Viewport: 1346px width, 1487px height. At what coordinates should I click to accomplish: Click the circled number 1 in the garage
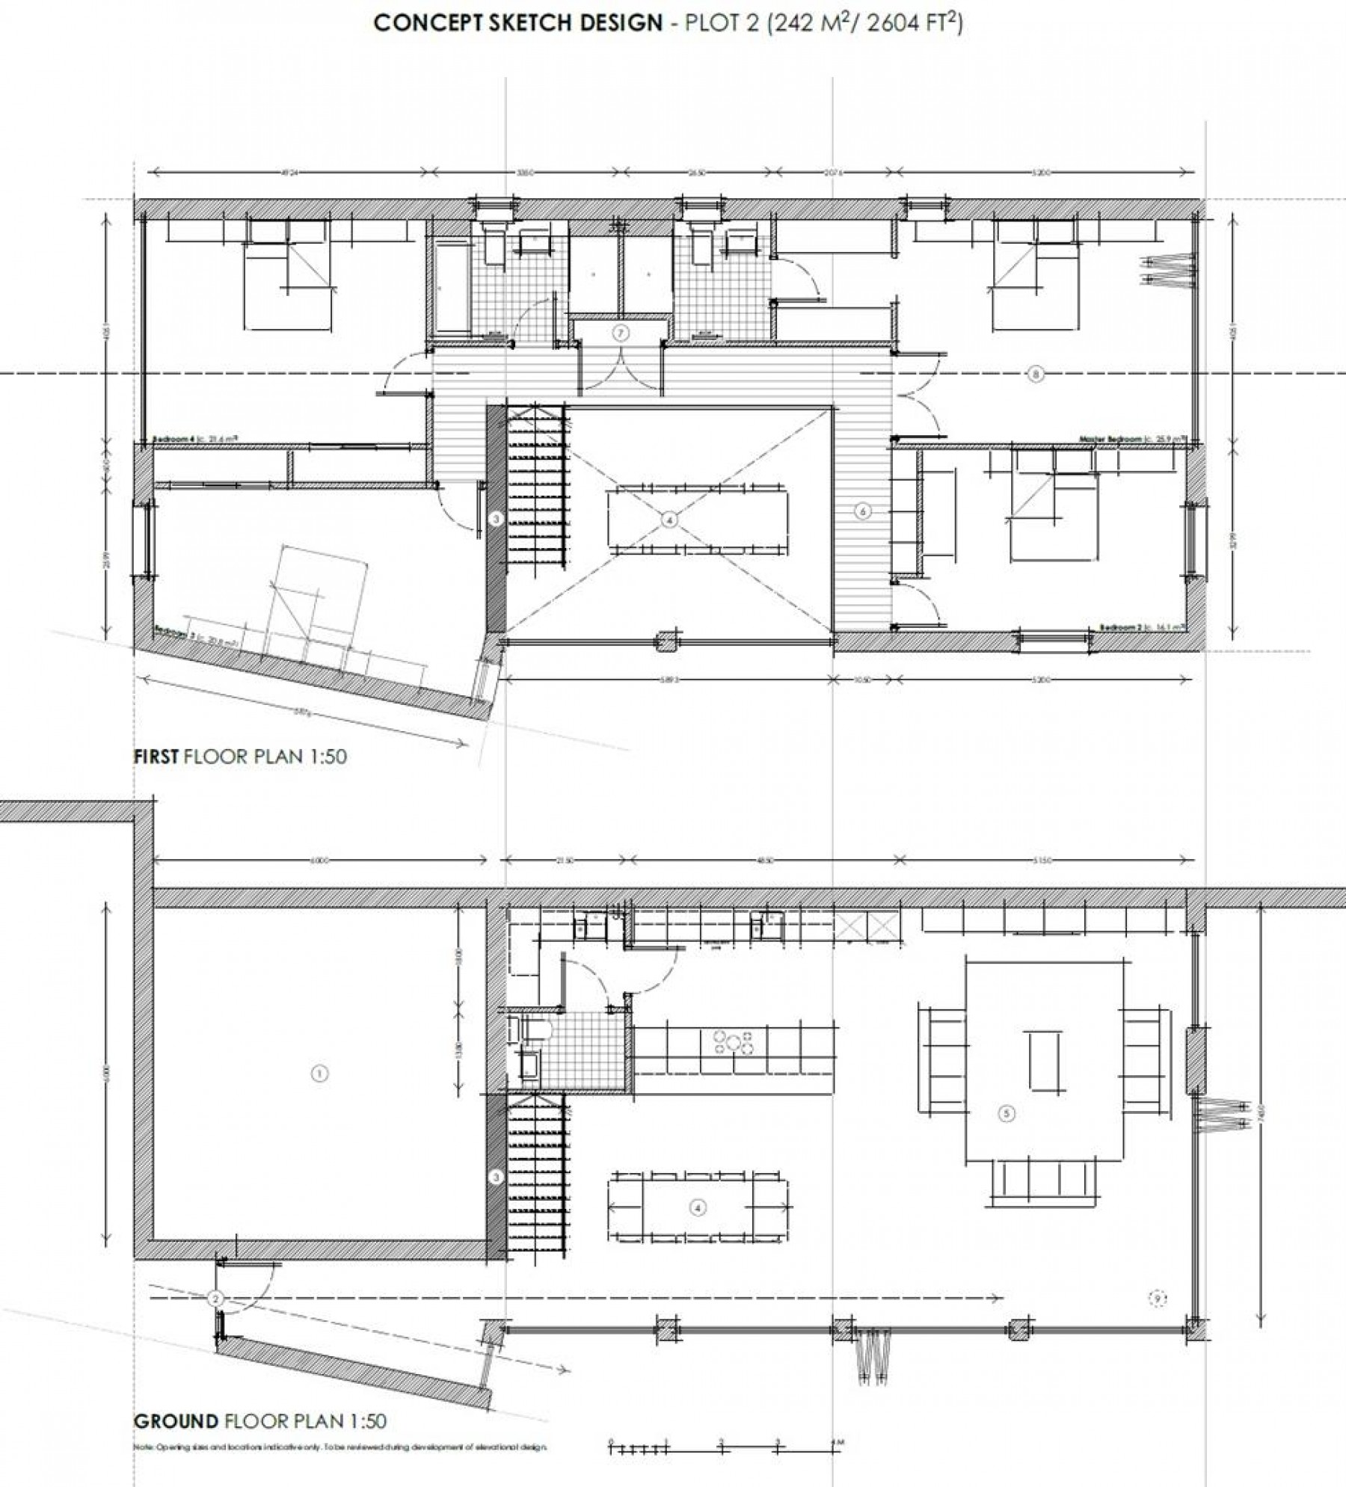pos(319,1074)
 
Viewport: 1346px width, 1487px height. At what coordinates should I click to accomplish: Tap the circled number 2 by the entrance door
pos(215,1320)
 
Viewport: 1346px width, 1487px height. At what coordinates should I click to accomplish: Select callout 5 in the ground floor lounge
pos(1007,1134)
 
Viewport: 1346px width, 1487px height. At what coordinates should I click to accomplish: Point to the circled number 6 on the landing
pos(863,511)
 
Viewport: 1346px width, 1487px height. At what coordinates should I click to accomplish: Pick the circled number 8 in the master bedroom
pos(1036,375)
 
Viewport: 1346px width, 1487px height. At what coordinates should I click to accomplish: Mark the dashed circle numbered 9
pos(1157,1320)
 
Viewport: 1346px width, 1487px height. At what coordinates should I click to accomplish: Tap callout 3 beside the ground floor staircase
pos(496,1177)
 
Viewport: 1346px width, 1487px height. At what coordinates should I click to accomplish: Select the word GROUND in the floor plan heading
pos(176,1420)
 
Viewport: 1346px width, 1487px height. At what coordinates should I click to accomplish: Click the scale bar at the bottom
pos(722,1444)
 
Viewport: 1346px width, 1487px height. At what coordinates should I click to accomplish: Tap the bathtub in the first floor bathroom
pos(449,285)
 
